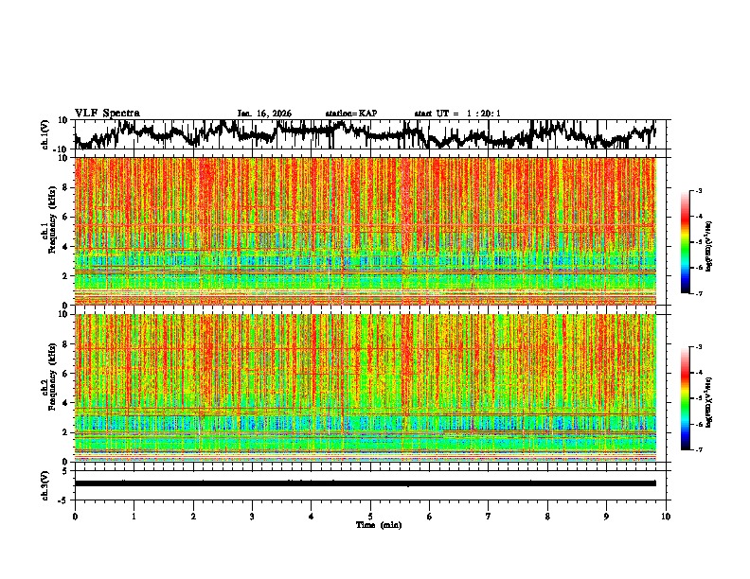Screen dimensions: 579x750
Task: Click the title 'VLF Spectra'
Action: pyautogui.click(x=107, y=113)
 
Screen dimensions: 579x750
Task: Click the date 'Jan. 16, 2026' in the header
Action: pyautogui.click(x=264, y=114)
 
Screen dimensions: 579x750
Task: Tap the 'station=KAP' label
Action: pyautogui.click(x=351, y=114)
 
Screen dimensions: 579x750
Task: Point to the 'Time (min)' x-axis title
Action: pyautogui.click(x=370, y=524)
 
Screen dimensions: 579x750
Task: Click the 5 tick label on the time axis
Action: pyautogui.click(x=370, y=516)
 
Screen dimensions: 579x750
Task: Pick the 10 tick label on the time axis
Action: pyautogui.click(x=667, y=516)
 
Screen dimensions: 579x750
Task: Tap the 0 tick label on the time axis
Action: pyautogui.click(x=75, y=516)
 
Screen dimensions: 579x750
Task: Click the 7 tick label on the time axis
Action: pyautogui.click(x=489, y=516)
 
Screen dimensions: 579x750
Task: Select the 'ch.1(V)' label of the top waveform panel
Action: pyautogui.click(x=45, y=134)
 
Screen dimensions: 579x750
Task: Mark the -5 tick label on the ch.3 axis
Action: pyautogui.click(x=65, y=499)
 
